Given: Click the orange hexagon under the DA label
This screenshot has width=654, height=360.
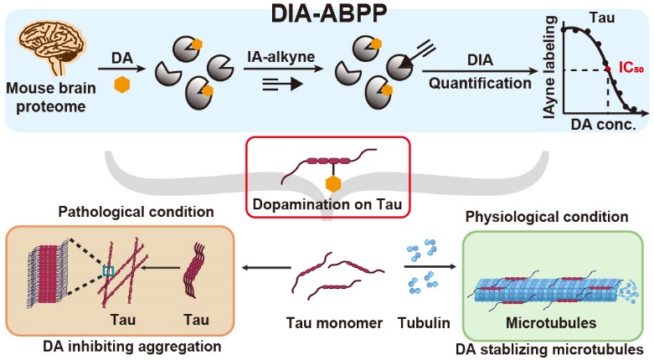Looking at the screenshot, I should [121, 86].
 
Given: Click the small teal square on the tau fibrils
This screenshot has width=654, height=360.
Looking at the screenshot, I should [107, 270].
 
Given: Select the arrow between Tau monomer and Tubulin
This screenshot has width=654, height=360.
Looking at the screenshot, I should [429, 267].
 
